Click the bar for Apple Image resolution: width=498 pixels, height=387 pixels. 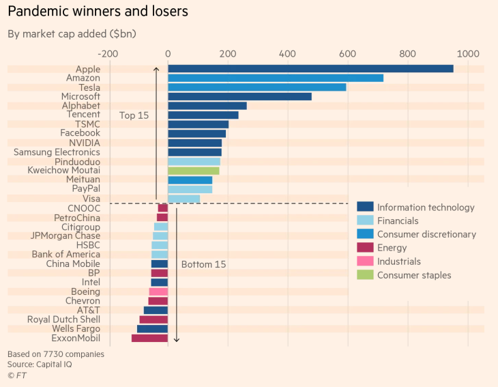[x=310, y=68]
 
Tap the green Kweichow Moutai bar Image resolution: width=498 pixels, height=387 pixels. [x=193, y=171]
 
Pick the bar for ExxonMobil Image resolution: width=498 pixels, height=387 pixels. [x=149, y=338]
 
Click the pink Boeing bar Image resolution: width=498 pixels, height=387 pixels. [x=158, y=291]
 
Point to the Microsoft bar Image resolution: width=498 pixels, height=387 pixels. [x=239, y=96]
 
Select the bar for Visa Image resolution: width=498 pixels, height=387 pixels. [x=184, y=199]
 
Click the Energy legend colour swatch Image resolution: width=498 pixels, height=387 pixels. [x=365, y=248]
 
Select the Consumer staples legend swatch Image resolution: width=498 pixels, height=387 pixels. [x=365, y=275]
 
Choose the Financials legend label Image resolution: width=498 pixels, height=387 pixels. [x=398, y=221]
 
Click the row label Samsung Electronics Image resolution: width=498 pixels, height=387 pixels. [x=57, y=152]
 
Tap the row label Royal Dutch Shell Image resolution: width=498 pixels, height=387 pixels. [x=63, y=319]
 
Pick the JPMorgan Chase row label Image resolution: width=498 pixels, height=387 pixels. [x=65, y=235]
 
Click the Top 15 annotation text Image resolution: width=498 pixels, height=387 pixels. [x=134, y=115]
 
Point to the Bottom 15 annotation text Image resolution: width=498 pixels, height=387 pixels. [x=203, y=264]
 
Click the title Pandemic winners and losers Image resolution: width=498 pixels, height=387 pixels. [x=98, y=12]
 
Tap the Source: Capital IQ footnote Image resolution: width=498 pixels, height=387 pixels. [x=40, y=364]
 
